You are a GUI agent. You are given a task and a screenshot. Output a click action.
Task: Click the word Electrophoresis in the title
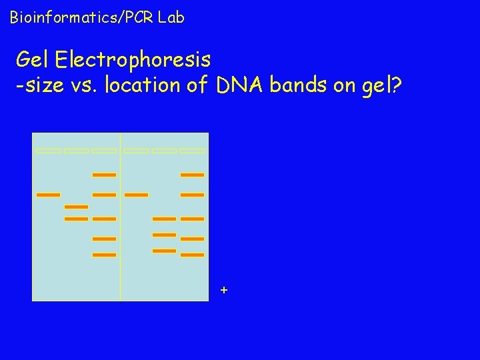(x=133, y=60)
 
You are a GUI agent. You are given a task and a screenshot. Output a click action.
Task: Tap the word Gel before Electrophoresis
(x=33, y=60)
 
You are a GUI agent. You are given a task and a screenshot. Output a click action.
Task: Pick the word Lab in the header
(x=171, y=17)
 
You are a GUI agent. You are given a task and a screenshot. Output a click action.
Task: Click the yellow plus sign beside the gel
(x=224, y=290)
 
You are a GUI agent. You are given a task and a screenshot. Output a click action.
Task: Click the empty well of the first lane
(x=48, y=151)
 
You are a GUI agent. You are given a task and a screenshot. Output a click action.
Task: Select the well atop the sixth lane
(x=193, y=151)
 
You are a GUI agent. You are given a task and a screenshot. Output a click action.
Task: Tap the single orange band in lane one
(x=48, y=195)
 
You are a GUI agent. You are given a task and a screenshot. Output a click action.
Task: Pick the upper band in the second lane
(x=76, y=207)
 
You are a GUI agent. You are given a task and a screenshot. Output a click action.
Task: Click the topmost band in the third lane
(x=104, y=175)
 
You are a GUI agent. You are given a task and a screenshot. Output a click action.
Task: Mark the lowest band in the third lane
(x=104, y=255)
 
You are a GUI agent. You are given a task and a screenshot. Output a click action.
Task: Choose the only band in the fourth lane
(x=136, y=195)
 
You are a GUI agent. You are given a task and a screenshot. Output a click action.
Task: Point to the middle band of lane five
(x=164, y=235)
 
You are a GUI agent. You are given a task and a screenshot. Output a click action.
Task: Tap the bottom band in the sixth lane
(x=193, y=255)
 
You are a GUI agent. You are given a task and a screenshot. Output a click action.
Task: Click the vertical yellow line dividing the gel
(x=121, y=267)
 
